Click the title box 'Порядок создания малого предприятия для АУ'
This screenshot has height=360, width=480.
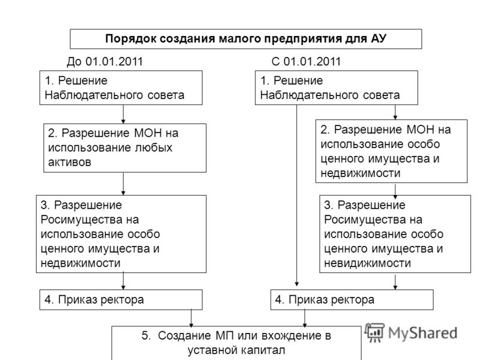coord(246,39)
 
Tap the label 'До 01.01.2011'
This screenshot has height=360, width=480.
coord(104,62)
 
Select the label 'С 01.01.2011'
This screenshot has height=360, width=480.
coord(306,62)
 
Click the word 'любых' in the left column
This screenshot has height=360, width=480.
coord(154,148)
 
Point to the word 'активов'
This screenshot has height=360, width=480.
coord(70,162)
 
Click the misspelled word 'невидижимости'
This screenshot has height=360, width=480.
coord(367,263)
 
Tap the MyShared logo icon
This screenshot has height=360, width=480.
coord(374,333)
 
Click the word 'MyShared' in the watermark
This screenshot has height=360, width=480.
coord(423,333)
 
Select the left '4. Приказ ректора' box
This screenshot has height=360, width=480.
coord(121,299)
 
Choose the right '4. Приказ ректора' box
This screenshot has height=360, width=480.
coord(352,299)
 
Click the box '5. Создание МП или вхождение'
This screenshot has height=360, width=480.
coord(236,343)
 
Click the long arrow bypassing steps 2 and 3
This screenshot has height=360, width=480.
coord(296,196)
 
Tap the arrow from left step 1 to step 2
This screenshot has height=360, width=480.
coord(123,114)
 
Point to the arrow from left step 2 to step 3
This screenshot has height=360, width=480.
coord(123,184)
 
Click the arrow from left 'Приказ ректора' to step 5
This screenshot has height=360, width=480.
coord(191,318)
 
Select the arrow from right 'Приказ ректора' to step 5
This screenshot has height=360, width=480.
coord(304,318)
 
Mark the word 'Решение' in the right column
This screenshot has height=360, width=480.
coord(298,80)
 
